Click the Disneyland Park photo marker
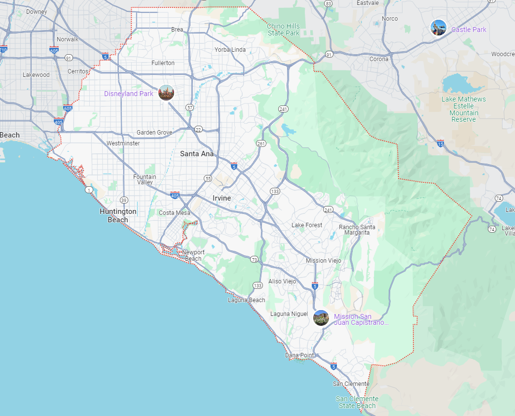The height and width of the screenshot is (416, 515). coord(166,93)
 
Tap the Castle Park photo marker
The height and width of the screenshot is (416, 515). coord(438,28)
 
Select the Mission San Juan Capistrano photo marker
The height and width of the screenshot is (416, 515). coord(321,318)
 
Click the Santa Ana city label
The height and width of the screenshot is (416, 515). coord(197,154)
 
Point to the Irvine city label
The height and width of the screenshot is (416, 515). coord(221,198)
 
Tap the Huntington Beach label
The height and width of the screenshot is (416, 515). coord(118,215)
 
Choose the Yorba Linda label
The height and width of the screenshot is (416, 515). coord(230,50)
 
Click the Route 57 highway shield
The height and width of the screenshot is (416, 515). coord(190,107)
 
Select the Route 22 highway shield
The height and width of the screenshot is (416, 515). coord(198,130)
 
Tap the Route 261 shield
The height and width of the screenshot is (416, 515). coord(261,143)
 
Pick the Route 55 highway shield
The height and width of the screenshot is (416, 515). coord(208,178)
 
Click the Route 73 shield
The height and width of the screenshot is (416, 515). coord(255,259)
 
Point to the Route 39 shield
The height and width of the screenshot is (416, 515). coord(124,200)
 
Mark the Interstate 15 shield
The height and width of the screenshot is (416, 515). coord(440,143)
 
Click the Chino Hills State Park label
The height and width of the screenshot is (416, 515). coord(284,30)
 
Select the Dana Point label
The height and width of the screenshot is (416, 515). coord(299,355)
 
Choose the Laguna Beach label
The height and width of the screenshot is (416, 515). coord(246,300)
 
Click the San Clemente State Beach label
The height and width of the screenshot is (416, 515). coord(357,402)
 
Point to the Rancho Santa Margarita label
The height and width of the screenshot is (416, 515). coord(357,230)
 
